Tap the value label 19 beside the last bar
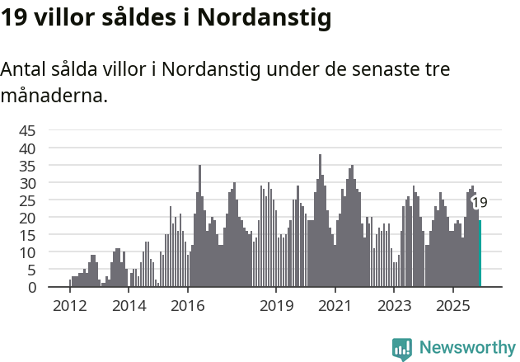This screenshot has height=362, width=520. [479, 202]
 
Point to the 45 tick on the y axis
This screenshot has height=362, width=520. [27, 130]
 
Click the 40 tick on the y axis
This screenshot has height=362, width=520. [27, 148]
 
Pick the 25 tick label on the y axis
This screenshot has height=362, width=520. [27, 200]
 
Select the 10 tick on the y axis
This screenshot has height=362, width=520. [27, 252]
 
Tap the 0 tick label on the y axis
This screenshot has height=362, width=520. [31, 287]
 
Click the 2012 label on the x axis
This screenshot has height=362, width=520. [69, 306]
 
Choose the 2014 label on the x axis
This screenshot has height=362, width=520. [129, 306]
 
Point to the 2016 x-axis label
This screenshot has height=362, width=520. [188, 306]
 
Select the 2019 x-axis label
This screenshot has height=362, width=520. [276, 306]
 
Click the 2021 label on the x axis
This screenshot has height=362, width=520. [335, 306]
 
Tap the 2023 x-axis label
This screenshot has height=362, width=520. [394, 306]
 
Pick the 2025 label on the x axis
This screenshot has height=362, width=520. [453, 306]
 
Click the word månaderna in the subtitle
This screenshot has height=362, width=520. [54, 96]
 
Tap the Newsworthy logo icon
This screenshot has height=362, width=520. [402, 349]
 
